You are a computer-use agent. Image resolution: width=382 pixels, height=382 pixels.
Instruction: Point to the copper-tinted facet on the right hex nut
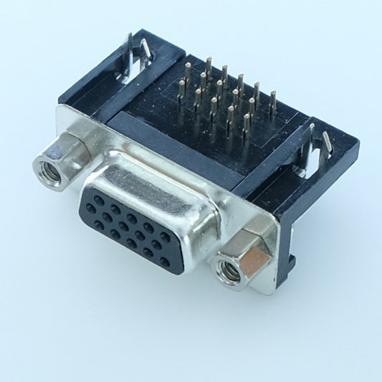255,250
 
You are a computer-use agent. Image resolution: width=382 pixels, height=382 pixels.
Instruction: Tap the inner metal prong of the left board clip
145,50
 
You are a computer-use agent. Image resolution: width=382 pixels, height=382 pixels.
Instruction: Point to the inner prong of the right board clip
312,136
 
